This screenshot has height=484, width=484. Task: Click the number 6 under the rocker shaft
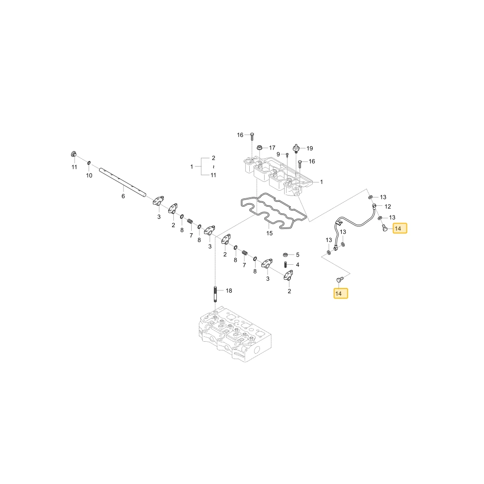(x=123, y=196)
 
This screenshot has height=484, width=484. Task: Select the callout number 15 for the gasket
(x=270, y=233)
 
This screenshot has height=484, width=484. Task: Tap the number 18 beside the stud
(x=229, y=290)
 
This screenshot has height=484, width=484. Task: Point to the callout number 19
(x=310, y=149)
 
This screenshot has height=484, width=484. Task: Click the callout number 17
(x=272, y=148)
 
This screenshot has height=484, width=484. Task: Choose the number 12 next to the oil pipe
(x=388, y=207)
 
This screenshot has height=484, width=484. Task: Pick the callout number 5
(x=298, y=255)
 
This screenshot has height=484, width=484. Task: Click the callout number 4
(x=298, y=265)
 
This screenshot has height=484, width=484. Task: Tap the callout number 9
(x=278, y=154)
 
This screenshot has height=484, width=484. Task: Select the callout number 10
(x=89, y=175)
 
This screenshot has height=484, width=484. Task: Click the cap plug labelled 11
(x=74, y=153)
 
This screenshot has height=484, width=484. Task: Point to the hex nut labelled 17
(x=260, y=147)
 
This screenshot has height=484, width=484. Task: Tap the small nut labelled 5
(x=286, y=255)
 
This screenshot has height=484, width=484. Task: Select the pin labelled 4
(x=286, y=265)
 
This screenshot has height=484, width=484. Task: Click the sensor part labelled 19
(x=296, y=149)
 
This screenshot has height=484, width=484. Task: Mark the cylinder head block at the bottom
(x=235, y=334)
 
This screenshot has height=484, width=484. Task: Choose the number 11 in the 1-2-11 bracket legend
(x=213, y=175)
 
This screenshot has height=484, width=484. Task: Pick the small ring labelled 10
(x=89, y=163)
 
